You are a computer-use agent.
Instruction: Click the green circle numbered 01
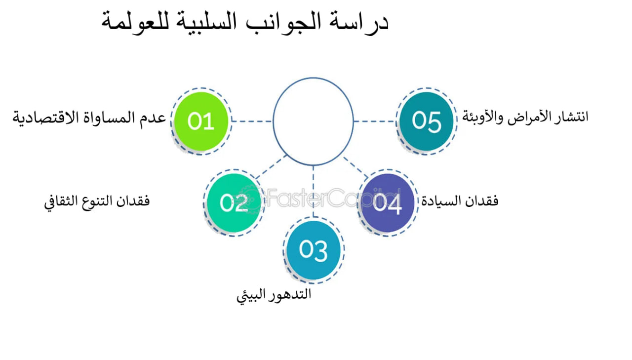pos(201,121)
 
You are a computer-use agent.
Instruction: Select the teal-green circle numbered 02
pos(234,203)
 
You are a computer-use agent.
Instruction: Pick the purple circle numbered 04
pos(387,203)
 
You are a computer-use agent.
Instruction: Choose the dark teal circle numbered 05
pos(426,120)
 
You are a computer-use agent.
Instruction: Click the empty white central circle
pos(313,121)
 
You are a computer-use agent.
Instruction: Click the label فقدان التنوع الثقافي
pos(97,202)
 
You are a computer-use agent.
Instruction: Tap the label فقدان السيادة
pos(460,201)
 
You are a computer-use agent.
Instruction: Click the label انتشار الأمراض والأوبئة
pos(525,118)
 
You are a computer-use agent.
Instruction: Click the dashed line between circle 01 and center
pos(252,121)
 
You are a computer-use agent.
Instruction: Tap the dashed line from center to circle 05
pos(375,121)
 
